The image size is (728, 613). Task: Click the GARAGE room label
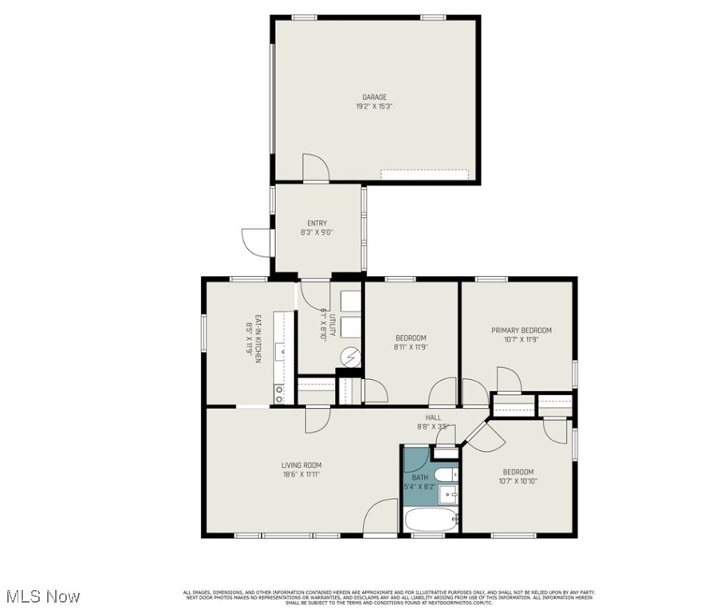coord(374,97)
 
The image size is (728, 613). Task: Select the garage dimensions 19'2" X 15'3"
coord(374,106)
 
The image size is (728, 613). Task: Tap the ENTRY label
coord(317,223)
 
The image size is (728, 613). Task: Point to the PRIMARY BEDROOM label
coord(521,330)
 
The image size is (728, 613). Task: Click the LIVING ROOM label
coord(301,465)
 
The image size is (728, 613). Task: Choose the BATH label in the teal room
coord(419,477)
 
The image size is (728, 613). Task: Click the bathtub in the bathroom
coord(431,520)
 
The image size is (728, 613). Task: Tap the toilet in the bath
coord(447,475)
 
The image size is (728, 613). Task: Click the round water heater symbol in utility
coord(351,358)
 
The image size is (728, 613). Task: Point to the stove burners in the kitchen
coord(279,392)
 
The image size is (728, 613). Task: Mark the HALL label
coord(433,417)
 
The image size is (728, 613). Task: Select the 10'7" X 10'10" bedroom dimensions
coord(517,481)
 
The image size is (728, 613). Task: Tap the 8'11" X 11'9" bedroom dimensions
coord(411,347)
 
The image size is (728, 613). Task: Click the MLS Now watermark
coord(41,596)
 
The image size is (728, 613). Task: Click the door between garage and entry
coord(315,169)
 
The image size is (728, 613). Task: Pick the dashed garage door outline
coord(423,172)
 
